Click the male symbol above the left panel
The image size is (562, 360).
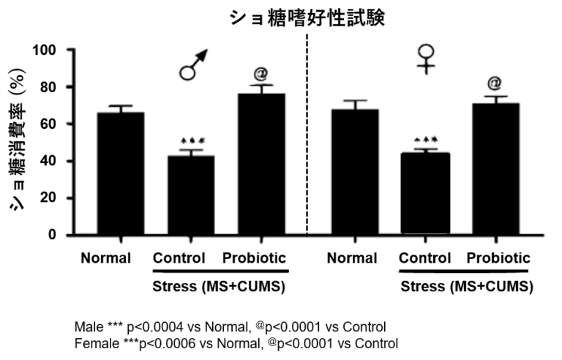(x=193, y=64)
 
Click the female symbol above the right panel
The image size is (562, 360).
(x=426, y=59)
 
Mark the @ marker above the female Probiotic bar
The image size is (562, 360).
(x=494, y=83)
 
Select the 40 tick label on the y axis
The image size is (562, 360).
(x=48, y=161)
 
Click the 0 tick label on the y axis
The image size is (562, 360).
(x=53, y=235)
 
